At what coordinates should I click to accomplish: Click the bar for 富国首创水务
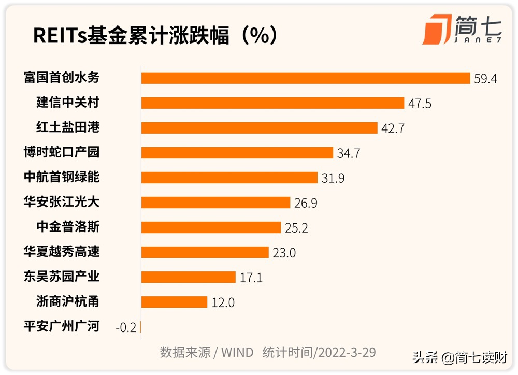306,78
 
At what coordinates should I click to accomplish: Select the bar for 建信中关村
272,103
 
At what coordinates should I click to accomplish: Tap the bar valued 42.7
259,128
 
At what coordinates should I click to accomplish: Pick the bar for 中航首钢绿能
229,178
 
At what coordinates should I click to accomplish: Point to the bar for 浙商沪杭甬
174,302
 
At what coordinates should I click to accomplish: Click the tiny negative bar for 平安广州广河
140,327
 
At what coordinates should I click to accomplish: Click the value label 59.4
485,79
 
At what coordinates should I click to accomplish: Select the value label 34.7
349,153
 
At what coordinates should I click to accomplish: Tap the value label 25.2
296,228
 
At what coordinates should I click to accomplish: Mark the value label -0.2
126,327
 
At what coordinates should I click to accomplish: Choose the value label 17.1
251,278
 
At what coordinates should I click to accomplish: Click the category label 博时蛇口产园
62,152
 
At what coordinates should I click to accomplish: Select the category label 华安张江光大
62,202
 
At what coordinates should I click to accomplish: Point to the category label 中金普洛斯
68,227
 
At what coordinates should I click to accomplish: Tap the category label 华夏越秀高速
62,252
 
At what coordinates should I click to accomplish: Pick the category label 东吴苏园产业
62,277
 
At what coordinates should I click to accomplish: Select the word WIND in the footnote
237,353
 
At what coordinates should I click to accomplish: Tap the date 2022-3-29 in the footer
347,353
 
